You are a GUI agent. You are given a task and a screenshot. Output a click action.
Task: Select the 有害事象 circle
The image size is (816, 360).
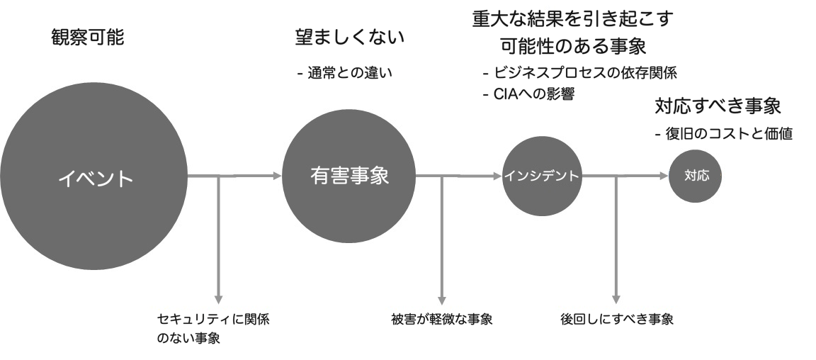349,176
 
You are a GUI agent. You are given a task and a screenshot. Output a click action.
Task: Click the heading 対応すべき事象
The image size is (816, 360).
717,107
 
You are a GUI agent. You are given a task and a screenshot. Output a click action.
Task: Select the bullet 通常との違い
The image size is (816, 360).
345,72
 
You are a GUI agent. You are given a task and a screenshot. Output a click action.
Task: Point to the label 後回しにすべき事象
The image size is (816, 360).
616,318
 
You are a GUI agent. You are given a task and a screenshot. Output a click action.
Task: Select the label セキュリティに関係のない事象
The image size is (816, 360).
212,328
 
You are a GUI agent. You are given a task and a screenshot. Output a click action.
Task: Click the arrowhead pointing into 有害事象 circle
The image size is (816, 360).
277,175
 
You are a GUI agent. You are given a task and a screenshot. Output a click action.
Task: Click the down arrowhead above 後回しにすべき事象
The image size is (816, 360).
616,298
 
